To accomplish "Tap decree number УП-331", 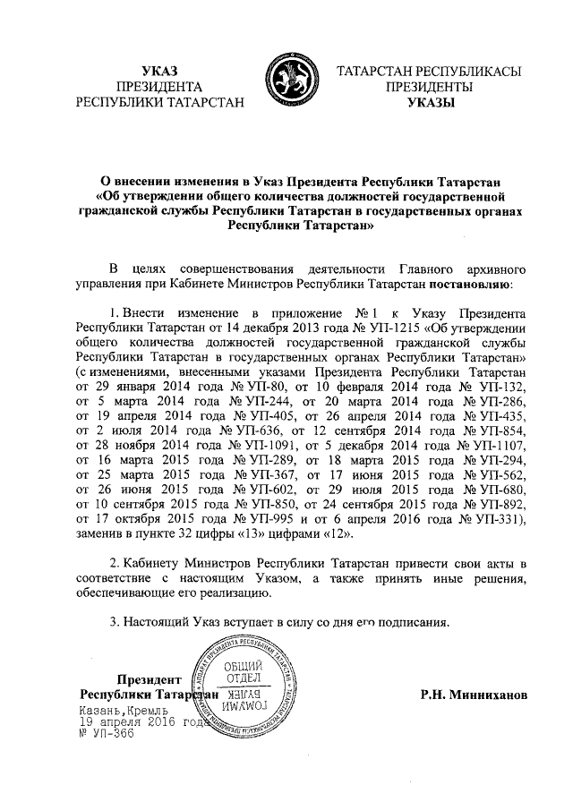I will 497,520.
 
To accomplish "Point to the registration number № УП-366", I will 106,733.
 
